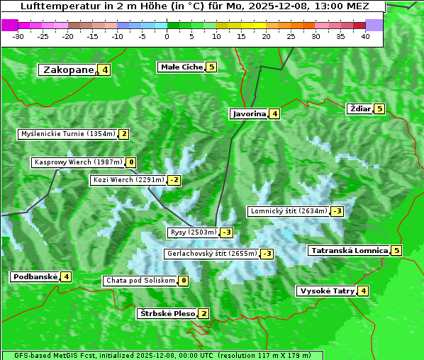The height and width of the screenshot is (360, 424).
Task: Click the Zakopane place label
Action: coord(68,70)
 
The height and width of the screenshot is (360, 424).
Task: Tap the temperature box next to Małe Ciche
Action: coord(211,67)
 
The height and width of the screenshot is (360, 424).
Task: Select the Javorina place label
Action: coord(249,113)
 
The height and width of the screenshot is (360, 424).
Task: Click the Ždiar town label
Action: coord(360,108)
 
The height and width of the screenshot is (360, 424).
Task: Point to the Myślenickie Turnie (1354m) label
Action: coord(67,134)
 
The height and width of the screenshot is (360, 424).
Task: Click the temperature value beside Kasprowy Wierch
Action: coord(131,162)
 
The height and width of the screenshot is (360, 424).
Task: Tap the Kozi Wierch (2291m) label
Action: coord(128,180)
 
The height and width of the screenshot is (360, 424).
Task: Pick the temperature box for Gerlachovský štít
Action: coord(267,254)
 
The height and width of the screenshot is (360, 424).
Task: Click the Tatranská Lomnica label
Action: coord(349,250)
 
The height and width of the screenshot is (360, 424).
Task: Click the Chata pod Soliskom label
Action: coord(139,281)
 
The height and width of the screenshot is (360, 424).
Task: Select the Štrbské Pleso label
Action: coord(167,313)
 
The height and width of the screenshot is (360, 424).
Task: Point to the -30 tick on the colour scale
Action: coord(18,36)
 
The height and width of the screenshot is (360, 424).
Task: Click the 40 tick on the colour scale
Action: coord(365,36)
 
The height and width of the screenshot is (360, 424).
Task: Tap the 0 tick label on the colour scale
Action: coord(167,36)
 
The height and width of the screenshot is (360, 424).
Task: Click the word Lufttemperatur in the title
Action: coord(54,6)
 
